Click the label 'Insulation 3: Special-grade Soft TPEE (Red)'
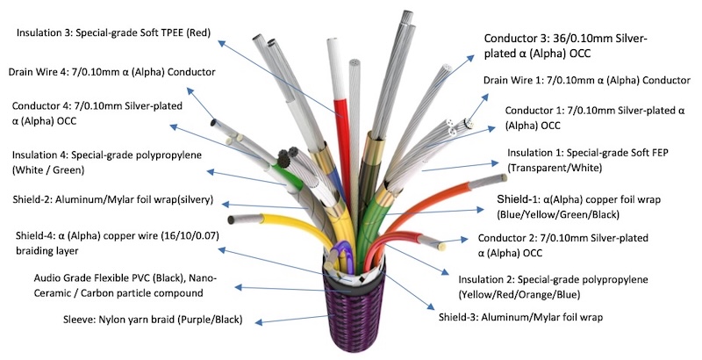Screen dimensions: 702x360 [x=113, y=32]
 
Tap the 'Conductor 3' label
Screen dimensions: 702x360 [x=566, y=46]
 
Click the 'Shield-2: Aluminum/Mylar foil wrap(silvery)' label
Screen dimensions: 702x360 [x=113, y=199]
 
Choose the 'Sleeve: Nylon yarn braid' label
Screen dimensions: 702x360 [x=153, y=320]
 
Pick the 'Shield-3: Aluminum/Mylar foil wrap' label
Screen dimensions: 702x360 [x=520, y=318]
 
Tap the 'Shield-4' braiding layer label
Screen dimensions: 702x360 [x=118, y=243]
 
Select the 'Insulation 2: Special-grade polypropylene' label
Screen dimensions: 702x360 [x=553, y=287]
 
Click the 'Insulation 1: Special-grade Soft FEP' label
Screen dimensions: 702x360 [x=587, y=161]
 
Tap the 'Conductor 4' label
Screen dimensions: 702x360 [x=97, y=113]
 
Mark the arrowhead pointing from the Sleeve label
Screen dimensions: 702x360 [x=258, y=321]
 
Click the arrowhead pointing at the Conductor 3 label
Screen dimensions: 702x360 [x=470, y=58]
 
